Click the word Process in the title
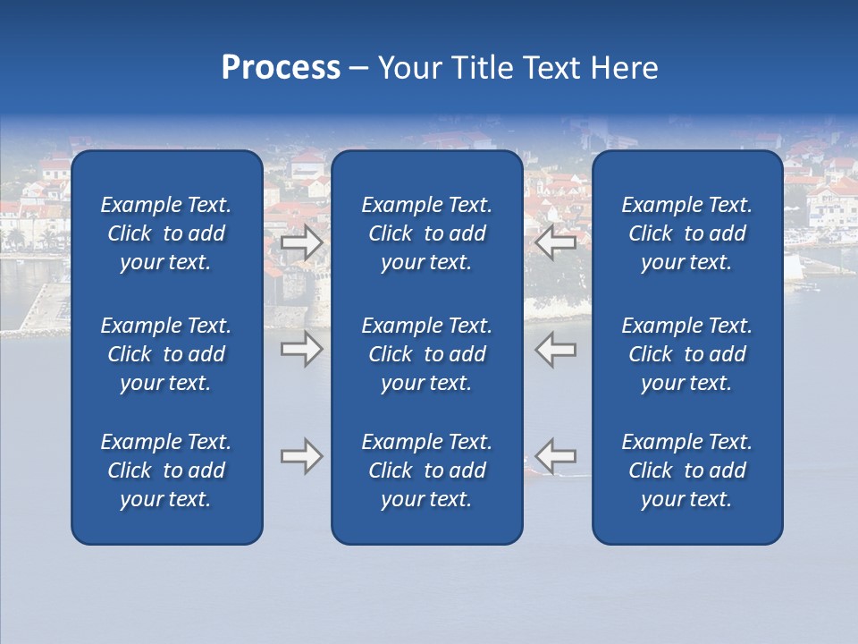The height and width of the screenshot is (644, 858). (x=281, y=68)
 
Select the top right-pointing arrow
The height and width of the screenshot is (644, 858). (x=302, y=242)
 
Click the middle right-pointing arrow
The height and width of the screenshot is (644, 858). (x=302, y=349)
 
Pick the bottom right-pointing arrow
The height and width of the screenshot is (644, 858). (x=302, y=456)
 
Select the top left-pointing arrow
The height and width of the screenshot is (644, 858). (x=557, y=242)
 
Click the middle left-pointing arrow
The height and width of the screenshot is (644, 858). (x=557, y=349)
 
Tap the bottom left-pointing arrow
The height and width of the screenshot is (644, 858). (x=557, y=456)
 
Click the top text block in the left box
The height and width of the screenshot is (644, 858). (x=166, y=233)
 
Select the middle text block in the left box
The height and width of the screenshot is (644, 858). (x=166, y=354)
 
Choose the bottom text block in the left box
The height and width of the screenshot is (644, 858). (x=166, y=470)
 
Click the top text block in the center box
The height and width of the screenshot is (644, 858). (x=426, y=233)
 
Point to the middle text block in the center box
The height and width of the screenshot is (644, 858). (x=426, y=354)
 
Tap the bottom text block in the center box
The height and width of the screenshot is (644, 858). (x=426, y=470)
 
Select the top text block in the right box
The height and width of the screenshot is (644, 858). (x=686, y=233)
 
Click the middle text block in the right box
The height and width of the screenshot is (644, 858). (x=686, y=354)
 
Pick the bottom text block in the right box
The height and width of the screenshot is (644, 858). (x=686, y=470)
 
